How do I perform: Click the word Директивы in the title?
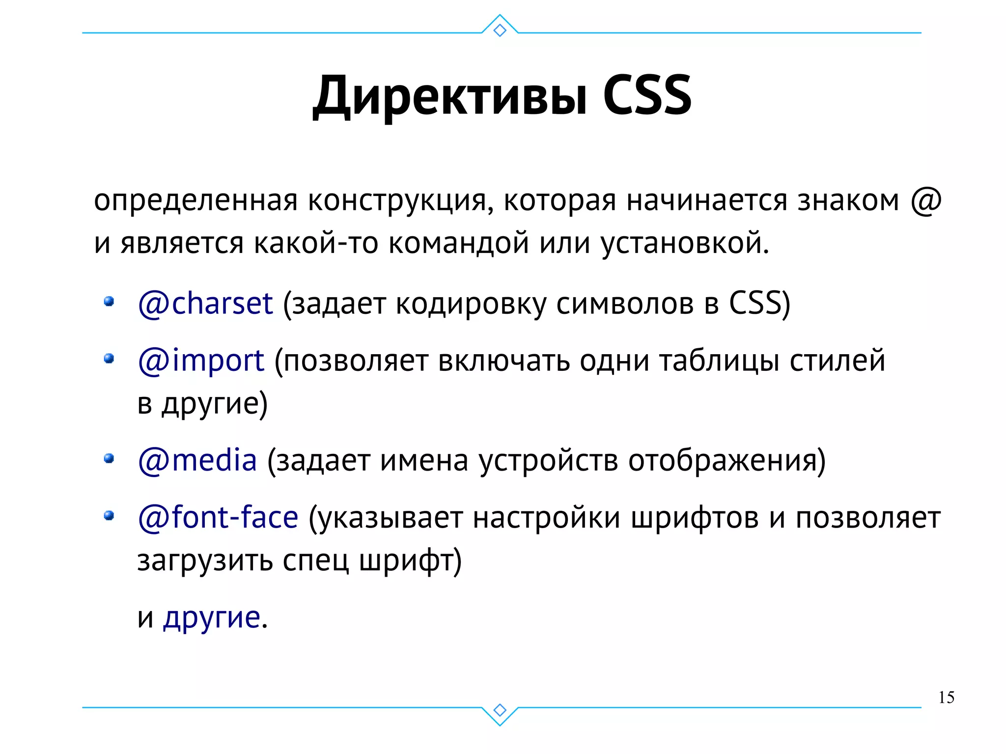[x=450, y=96]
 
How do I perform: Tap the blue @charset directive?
[x=205, y=303]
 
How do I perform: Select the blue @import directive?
[x=201, y=361]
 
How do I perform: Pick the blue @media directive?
[x=197, y=460]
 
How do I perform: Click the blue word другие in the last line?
[x=212, y=617]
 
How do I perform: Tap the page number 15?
[x=946, y=698]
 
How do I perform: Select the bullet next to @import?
[x=109, y=359]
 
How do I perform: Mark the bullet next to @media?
[x=109, y=459]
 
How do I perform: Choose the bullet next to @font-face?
[x=109, y=516]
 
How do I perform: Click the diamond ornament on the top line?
[x=500, y=30]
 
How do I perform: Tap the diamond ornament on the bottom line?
[x=500, y=710]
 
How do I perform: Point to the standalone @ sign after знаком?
[x=925, y=201]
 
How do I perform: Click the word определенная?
[x=196, y=201]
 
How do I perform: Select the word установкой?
[x=685, y=243]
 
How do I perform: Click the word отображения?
[x=727, y=461]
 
